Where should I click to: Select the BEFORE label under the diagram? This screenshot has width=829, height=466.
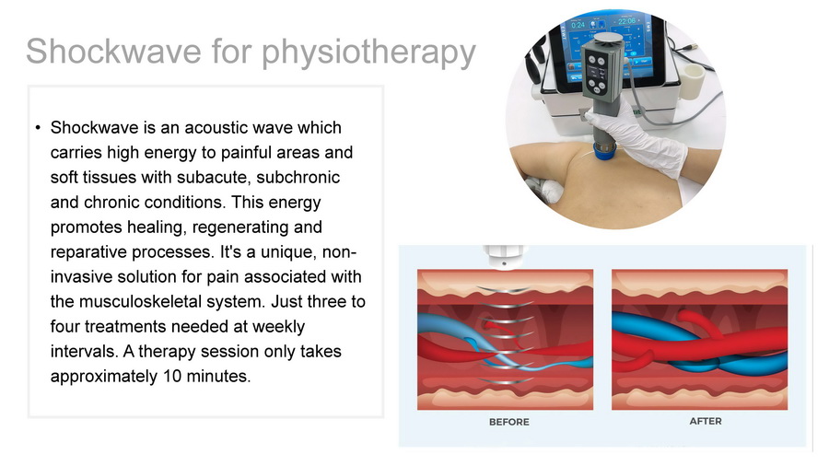[x=508, y=422]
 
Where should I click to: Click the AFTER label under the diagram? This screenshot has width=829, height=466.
[x=706, y=421]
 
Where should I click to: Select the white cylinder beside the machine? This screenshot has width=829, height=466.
[x=691, y=81]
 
